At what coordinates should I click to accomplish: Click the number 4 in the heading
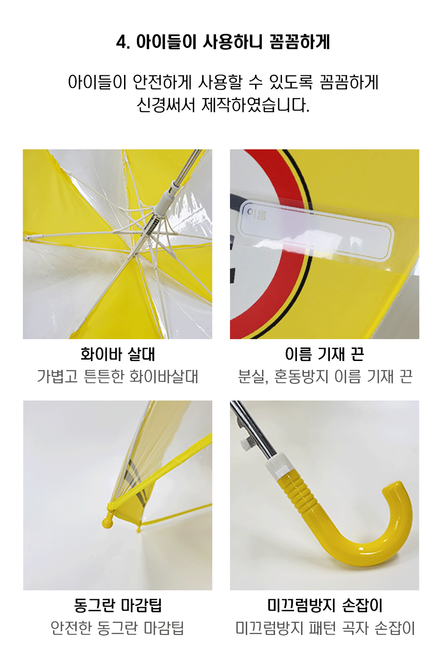(x=121, y=42)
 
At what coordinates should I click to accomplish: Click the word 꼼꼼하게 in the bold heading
(x=300, y=42)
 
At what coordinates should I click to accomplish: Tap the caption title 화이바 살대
(x=118, y=354)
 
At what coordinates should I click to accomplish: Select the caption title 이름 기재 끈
(x=324, y=354)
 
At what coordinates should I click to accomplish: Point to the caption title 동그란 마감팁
(x=118, y=605)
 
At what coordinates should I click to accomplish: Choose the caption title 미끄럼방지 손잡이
(x=325, y=605)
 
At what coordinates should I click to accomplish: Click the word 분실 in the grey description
(x=251, y=376)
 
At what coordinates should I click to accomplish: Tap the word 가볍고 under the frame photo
(x=57, y=376)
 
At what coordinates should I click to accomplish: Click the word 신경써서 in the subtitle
(x=166, y=105)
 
